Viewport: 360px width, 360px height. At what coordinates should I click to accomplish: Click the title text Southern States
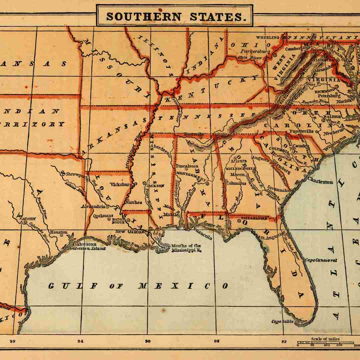(174, 16)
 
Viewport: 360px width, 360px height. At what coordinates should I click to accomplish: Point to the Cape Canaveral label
(321, 260)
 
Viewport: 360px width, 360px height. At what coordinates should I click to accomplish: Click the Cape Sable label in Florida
(283, 321)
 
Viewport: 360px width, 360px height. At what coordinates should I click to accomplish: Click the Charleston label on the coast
(320, 182)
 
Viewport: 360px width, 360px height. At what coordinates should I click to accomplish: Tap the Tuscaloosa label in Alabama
(187, 166)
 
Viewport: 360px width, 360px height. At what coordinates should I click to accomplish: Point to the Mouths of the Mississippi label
(186, 248)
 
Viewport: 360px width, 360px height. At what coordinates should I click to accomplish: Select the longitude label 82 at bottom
(284, 341)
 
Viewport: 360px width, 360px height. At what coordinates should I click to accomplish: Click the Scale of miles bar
(325, 342)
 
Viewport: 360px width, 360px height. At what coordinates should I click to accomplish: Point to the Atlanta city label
(239, 161)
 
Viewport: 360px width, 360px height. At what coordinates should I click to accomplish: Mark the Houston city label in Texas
(59, 232)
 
